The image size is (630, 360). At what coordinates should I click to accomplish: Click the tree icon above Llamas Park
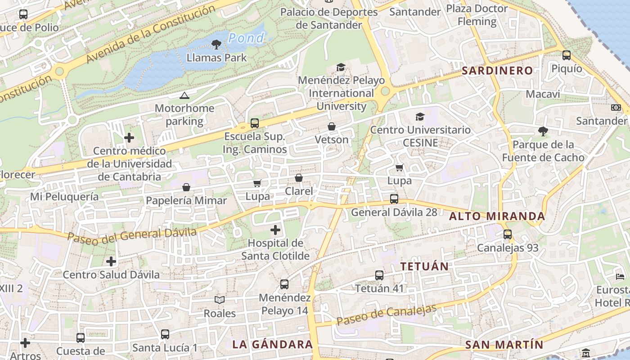216,44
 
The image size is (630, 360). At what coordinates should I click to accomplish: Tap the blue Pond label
246,38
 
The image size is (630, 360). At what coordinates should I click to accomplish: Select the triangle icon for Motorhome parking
184,95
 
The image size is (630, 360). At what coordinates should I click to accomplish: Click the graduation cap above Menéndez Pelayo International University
341,67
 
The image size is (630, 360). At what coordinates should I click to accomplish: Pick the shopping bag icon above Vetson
332,126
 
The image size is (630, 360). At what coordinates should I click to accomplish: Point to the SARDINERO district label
497,71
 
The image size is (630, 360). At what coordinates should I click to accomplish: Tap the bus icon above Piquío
567,55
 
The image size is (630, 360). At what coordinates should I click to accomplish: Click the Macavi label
543,94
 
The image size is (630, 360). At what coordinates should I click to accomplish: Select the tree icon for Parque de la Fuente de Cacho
543,131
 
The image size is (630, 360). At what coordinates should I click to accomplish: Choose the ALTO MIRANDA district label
497,216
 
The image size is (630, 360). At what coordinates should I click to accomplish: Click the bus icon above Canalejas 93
508,234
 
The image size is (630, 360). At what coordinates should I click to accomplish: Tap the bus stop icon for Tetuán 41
379,275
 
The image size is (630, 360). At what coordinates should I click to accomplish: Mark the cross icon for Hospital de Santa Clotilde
275,230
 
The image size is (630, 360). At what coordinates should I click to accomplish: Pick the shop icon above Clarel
298,178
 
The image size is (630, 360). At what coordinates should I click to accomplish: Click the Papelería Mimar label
186,201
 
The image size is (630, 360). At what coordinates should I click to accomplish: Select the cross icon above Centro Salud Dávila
111,261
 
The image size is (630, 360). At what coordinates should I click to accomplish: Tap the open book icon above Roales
219,300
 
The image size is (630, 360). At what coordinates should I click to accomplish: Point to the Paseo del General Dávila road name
132,234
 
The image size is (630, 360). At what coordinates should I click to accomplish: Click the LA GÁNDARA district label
272,344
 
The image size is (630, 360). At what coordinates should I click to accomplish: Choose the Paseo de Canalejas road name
387,315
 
